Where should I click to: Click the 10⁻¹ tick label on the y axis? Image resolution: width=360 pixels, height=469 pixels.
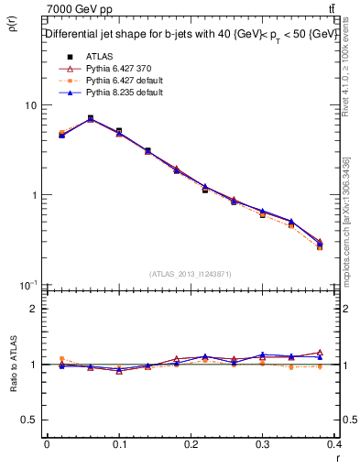click(27, 285)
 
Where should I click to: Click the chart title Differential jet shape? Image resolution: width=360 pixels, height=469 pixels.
click(191, 34)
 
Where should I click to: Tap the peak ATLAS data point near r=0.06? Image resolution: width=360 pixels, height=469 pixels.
click(90, 118)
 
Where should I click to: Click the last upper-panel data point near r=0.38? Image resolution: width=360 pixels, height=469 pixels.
click(320, 245)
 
